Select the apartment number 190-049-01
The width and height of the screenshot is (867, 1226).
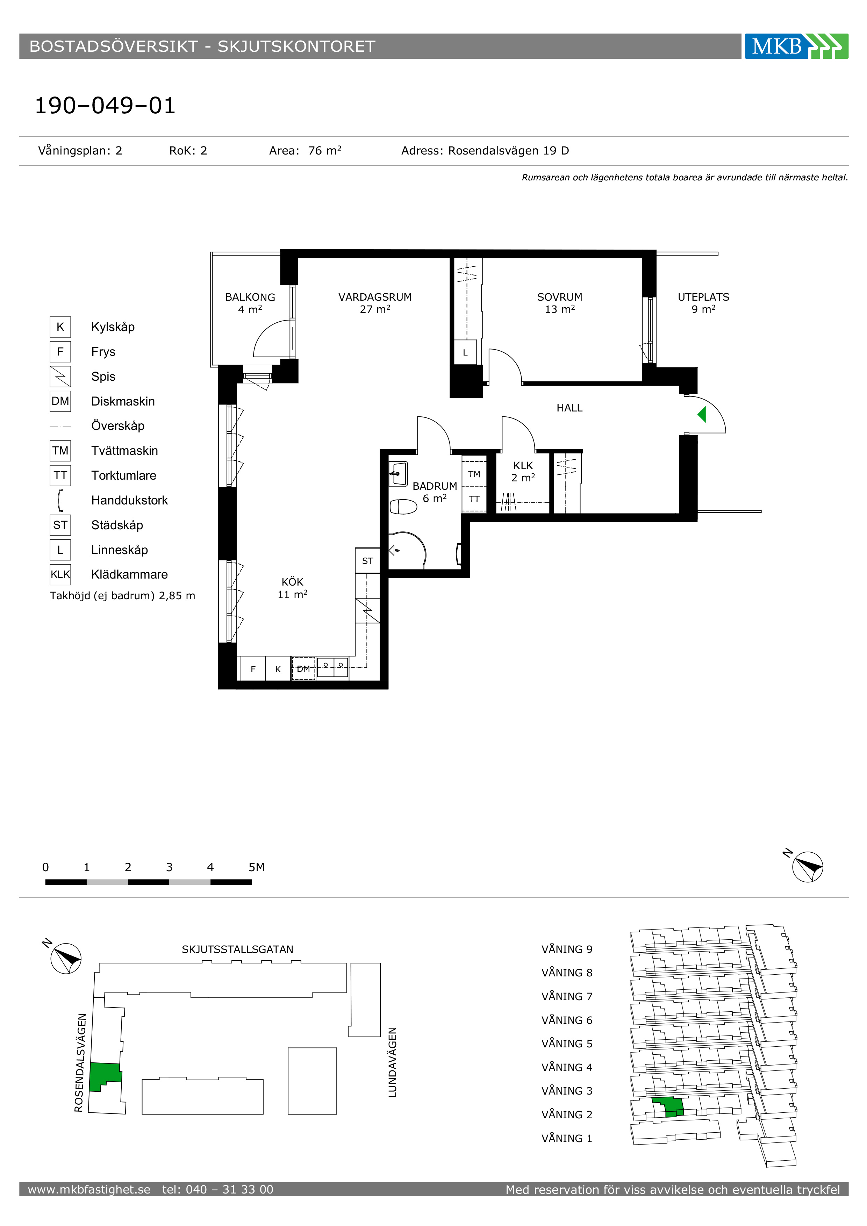pyautogui.click(x=105, y=105)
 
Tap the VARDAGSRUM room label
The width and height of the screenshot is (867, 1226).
pyautogui.click(x=375, y=297)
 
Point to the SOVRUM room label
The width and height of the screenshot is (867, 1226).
pyautogui.click(x=559, y=297)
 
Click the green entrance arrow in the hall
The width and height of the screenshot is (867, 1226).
pyautogui.click(x=702, y=414)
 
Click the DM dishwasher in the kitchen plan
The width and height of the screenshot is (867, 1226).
pyautogui.click(x=303, y=668)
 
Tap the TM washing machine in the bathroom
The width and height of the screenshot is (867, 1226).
pyautogui.click(x=474, y=474)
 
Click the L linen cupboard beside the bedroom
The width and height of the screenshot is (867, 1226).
pyautogui.click(x=465, y=352)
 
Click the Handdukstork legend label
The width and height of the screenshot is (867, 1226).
pyautogui.click(x=129, y=500)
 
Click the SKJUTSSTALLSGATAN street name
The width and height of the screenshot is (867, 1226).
pyautogui.click(x=238, y=949)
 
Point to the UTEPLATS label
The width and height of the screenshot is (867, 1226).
pyautogui.click(x=703, y=297)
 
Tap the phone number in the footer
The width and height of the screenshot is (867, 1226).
pyautogui.click(x=218, y=1189)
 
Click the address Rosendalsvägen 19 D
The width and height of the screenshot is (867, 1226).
pyautogui.click(x=508, y=151)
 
